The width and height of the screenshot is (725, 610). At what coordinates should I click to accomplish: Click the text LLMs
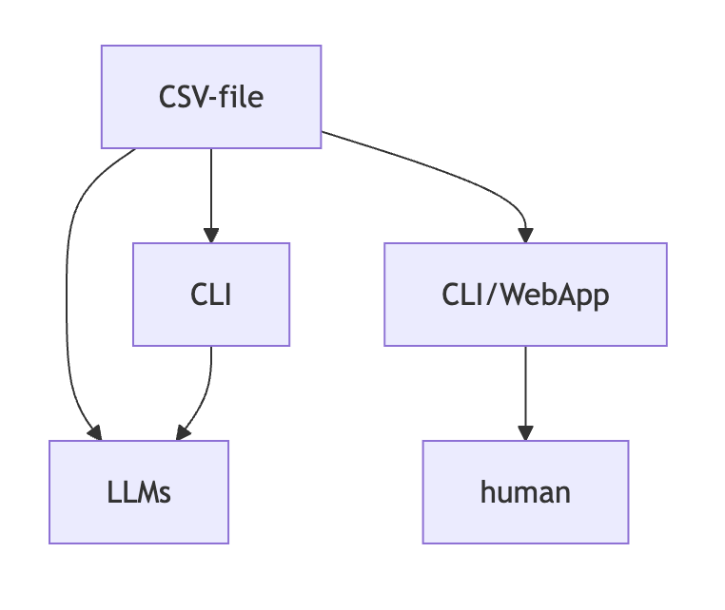point(139,492)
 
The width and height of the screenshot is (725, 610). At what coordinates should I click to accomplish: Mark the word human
point(525,492)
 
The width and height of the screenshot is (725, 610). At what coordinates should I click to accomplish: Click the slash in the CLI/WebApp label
point(495,295)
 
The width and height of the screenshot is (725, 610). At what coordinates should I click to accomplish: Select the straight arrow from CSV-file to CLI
point(211,190)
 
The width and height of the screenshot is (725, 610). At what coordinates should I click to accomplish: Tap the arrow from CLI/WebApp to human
point(525,390)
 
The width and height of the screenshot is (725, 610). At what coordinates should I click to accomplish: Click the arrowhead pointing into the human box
point(525,432)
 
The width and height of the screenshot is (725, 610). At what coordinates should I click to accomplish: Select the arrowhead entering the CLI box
point(211,235)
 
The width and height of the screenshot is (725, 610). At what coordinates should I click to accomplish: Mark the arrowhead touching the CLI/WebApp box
point(525,235)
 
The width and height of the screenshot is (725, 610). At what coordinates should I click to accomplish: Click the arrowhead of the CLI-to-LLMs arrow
point(182,432)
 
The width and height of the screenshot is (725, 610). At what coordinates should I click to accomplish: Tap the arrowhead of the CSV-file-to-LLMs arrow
point(94,432)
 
